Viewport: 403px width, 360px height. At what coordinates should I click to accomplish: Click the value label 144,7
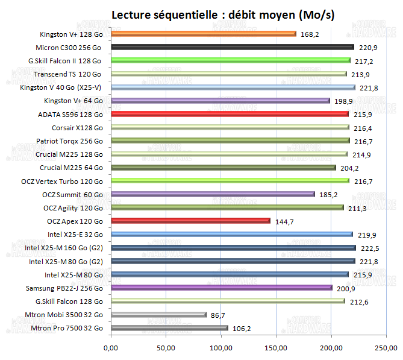click(x=284, y=221)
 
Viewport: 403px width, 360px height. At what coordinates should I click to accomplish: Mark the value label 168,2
click(x=310, y=34)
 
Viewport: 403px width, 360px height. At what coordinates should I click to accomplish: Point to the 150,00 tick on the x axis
click(x=276, y=347)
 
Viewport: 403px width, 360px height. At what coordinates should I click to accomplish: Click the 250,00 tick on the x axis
click(x=386, y=347)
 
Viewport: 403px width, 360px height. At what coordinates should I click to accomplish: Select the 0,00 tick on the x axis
click(x=111, y=347)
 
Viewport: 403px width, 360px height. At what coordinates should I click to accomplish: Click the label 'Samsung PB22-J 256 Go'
click(x=68, y=288)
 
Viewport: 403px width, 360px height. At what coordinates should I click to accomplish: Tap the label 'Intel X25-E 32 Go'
click(x=75, y=235)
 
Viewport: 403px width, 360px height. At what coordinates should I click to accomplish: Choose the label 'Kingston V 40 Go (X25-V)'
click(x=61, y=87)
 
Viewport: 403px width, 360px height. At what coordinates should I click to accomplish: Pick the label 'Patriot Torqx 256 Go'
click(x=69, y=141)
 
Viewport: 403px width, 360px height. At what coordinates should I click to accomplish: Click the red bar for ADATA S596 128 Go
click(x=230, y=114)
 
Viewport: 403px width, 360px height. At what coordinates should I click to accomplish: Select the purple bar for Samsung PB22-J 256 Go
click(x=221, y=288)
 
